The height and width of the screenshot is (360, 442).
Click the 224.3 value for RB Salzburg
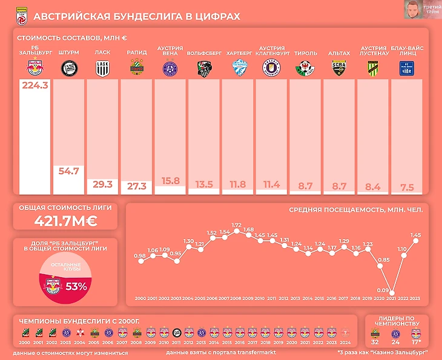point(35,86)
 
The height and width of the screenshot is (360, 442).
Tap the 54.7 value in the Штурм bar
point(69,171)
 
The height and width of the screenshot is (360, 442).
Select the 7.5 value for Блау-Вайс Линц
point(407,188)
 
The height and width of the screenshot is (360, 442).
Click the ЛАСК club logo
point(102,70)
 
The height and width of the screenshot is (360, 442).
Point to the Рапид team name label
point(136,53)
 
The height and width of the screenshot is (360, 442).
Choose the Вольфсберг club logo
point(204,70)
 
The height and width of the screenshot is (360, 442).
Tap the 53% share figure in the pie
point(77,286)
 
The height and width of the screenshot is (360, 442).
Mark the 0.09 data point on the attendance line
point(392,291)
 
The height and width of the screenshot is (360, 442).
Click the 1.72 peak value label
point(237,224)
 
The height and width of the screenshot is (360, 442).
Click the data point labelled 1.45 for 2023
point(416,240)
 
